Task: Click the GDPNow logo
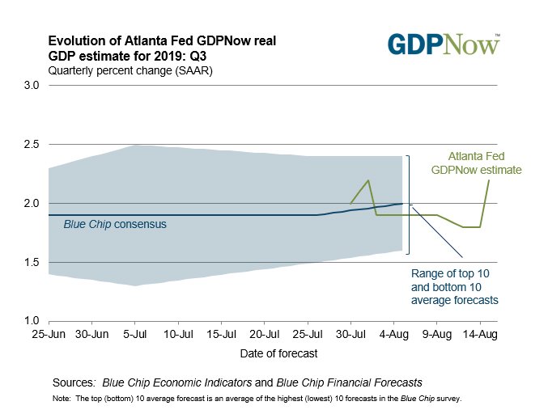point(444,44)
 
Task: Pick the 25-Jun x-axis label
point(49,333)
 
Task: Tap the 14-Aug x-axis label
point(480,333)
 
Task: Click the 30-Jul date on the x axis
point(350,333)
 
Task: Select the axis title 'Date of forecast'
point(278,353)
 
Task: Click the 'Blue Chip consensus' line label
point(115,223)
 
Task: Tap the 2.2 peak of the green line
point(368,180)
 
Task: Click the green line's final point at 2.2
point(489,180)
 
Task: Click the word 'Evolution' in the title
point(75,41)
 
